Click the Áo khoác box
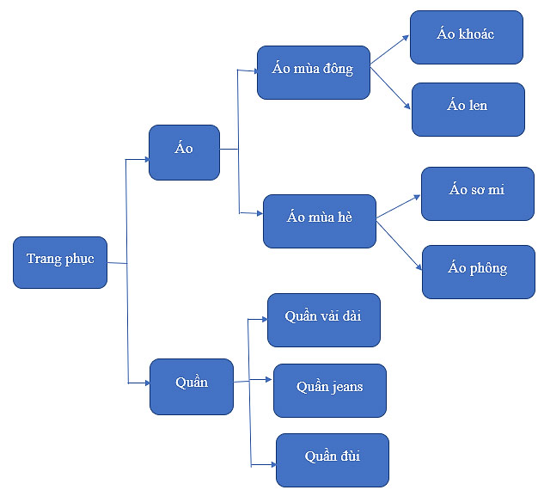466,37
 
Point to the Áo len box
468,109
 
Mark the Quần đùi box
332,460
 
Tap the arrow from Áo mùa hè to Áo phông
400,245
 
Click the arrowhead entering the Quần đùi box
271,464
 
